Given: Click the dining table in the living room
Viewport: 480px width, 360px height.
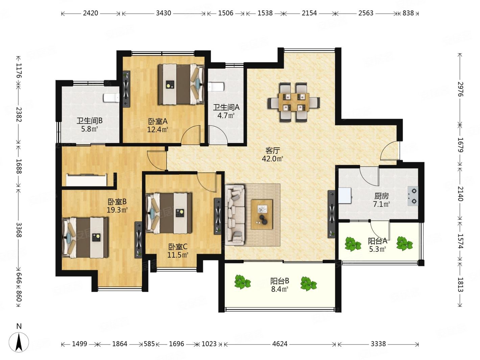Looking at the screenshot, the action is click(294, 102).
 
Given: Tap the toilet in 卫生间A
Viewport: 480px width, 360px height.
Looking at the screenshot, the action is click(216, 87).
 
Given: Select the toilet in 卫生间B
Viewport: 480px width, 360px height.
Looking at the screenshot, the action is click(111, 98).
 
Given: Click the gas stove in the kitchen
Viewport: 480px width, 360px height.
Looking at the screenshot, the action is click(412, 196).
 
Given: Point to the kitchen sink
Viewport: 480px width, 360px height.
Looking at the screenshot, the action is click(345, 195).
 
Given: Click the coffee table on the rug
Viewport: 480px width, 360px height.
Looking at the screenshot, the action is click(262, 214).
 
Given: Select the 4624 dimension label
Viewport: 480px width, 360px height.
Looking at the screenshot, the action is click(280, 344).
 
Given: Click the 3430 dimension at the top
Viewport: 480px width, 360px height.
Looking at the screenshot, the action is click(163, 13).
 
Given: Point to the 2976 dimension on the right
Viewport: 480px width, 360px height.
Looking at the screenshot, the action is click(460, 89).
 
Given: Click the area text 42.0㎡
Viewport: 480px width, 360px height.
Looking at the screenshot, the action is click(272, 159).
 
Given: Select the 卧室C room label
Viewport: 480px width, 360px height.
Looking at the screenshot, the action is click(178, 247).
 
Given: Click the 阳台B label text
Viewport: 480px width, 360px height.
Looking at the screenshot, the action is click(280, 281).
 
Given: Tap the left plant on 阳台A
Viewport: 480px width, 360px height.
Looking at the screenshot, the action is click(353, 244).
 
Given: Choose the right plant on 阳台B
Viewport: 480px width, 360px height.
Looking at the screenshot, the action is click(308, 284).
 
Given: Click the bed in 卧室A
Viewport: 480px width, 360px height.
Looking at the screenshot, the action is click(181, 84).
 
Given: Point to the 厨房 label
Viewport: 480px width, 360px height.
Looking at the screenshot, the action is click(382, 196).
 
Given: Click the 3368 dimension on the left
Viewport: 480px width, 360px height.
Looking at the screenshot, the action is click(19, 230).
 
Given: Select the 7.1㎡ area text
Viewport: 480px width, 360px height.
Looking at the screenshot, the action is click(382, 204).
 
